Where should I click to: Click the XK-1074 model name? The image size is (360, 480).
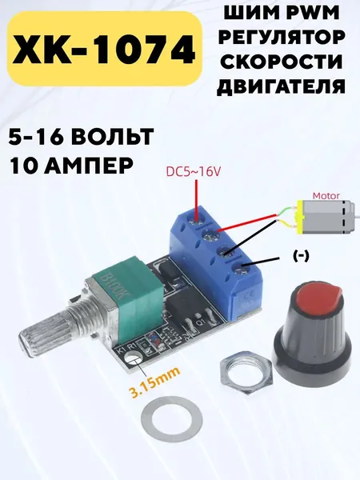click(x=104, y=48)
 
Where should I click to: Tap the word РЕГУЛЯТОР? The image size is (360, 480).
click(x=282, y=37)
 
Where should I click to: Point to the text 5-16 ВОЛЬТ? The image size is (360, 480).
click(x=81, y=136)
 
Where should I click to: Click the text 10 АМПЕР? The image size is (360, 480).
click(x=72, y=166)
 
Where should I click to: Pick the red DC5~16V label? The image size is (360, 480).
click(x=193, y=172)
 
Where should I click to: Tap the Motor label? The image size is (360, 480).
click(x=326, y=196)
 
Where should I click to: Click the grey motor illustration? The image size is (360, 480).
click(x=326, y=217)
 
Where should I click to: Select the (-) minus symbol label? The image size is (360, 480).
click(x=302, y=256)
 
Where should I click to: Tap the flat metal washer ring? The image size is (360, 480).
click(x=171, y=418)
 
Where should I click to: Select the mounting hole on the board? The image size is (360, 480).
click(x=134, y=358)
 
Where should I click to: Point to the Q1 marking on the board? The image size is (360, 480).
click(x=202, y=323)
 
